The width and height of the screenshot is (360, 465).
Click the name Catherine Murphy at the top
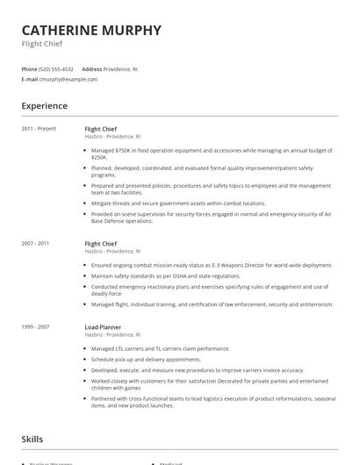click(91, 30)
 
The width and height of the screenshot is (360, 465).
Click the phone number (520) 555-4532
click(57, 68)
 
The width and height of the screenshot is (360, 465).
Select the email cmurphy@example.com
click(68, 79)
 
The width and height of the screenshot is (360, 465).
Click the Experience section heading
click(45, 106)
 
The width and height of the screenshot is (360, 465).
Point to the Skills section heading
click(32, 439)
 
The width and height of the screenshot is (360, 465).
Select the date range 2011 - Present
click(39, 129)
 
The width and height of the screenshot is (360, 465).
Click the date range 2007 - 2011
click(35, 243)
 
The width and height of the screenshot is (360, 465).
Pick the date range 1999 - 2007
click(35, 327)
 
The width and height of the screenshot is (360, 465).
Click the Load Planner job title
click(103, 327)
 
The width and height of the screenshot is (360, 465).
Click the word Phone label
click(29, 68)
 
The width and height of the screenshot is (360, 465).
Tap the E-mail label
click(30, 79)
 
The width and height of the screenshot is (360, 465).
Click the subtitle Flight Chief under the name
click(42, 44)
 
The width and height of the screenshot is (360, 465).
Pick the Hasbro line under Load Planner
click(112, 335)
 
